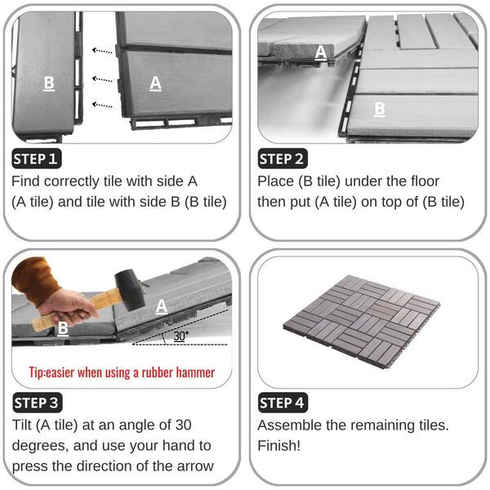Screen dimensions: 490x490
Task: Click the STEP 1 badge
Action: [x=36, y=159]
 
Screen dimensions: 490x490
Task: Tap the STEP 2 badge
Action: [x=283, y=159]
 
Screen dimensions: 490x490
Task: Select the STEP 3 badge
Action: [x=38, y=403]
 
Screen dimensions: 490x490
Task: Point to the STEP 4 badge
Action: [x=283, y=403]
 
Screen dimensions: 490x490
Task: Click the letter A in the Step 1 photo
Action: [x=156, y=84]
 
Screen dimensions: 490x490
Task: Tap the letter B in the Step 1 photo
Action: [x=49, y=84]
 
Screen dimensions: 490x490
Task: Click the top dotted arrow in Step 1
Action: [x=102, y=51]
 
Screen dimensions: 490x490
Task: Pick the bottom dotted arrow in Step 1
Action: [x=102, y=105]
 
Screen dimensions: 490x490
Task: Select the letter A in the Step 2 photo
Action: [x=321, y=52]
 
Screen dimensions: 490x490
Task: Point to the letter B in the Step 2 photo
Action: [x=380, y=109]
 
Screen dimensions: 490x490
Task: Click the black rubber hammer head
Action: [x=130, y=289]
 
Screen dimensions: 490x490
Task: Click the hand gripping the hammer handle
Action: [x=67, y=305]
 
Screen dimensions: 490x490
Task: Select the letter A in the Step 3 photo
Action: [x=161, y=306]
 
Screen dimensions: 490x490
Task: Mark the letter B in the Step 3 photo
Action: [x=63, y=328]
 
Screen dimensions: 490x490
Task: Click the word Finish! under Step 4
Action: [x=278, y=445]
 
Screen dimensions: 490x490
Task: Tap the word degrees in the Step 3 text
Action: [x=40, y=446]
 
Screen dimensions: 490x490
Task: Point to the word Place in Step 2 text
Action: [x=276, y=181]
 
